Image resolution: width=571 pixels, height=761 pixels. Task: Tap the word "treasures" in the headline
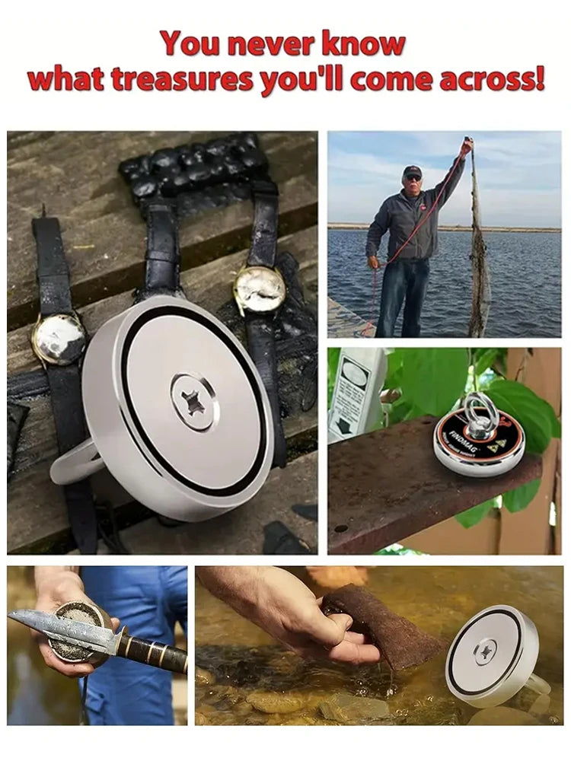185,78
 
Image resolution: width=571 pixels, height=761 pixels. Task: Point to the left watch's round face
59,339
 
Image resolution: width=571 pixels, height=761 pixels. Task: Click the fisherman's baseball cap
413,170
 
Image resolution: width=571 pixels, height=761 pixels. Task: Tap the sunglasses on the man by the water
413,177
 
